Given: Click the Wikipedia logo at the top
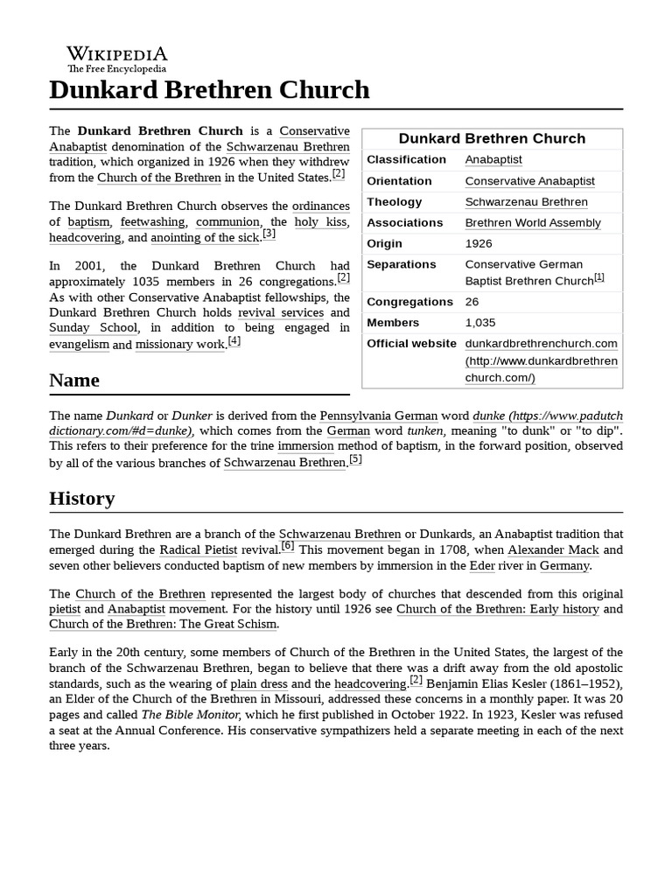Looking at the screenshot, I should coord(117,58).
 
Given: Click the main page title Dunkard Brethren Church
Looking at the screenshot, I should coord(209,90).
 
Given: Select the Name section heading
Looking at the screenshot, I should coord(74,381).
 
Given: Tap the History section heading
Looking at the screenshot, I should coord(82,499).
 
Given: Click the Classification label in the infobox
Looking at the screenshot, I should coord(406,159).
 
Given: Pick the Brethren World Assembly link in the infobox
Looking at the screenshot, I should coord(533,222).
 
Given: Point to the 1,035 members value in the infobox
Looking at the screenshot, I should coord(479,322).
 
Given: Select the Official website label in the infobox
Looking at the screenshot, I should coord(411,343).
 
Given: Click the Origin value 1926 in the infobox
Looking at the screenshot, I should coord(479,243).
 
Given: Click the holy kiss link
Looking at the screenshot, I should coord(321,222).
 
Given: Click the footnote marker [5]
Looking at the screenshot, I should coord(355,459).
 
